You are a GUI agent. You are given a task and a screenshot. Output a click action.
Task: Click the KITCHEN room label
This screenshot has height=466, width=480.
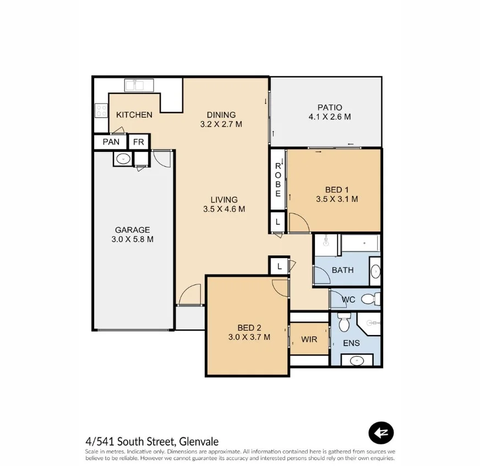(134, 114)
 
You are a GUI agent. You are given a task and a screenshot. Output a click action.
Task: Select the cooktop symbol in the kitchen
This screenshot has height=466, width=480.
(101, 111)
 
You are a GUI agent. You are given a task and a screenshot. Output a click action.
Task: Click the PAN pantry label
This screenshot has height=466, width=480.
(111, 142)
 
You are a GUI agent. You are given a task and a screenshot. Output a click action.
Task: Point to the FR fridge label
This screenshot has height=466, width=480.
(139, 142)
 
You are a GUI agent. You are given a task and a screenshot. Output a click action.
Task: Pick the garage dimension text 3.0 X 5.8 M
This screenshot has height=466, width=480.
(132, 239)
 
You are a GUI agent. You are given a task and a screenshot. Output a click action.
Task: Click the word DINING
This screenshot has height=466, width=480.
(221, 114)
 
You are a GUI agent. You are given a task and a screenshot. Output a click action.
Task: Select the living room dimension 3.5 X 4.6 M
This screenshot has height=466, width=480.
(223, 209)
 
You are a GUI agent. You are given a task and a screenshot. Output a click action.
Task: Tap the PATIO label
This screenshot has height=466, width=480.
(329, 107)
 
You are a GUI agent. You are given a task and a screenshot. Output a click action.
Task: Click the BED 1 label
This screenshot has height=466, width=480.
(337, 189)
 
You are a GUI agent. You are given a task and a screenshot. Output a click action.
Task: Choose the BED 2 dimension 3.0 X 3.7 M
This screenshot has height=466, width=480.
(249, 337)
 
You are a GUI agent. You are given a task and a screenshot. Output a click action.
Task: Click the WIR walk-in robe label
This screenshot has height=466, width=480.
(309, 339)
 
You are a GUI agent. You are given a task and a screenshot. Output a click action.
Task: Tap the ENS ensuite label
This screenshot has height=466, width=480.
(351, 343)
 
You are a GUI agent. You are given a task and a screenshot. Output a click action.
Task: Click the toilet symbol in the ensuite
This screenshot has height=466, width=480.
(345, 324)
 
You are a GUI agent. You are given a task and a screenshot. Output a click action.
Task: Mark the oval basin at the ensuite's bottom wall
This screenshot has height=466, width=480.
(357, 361)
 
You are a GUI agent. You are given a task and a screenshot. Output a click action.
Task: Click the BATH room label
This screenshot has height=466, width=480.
(342, 270)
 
